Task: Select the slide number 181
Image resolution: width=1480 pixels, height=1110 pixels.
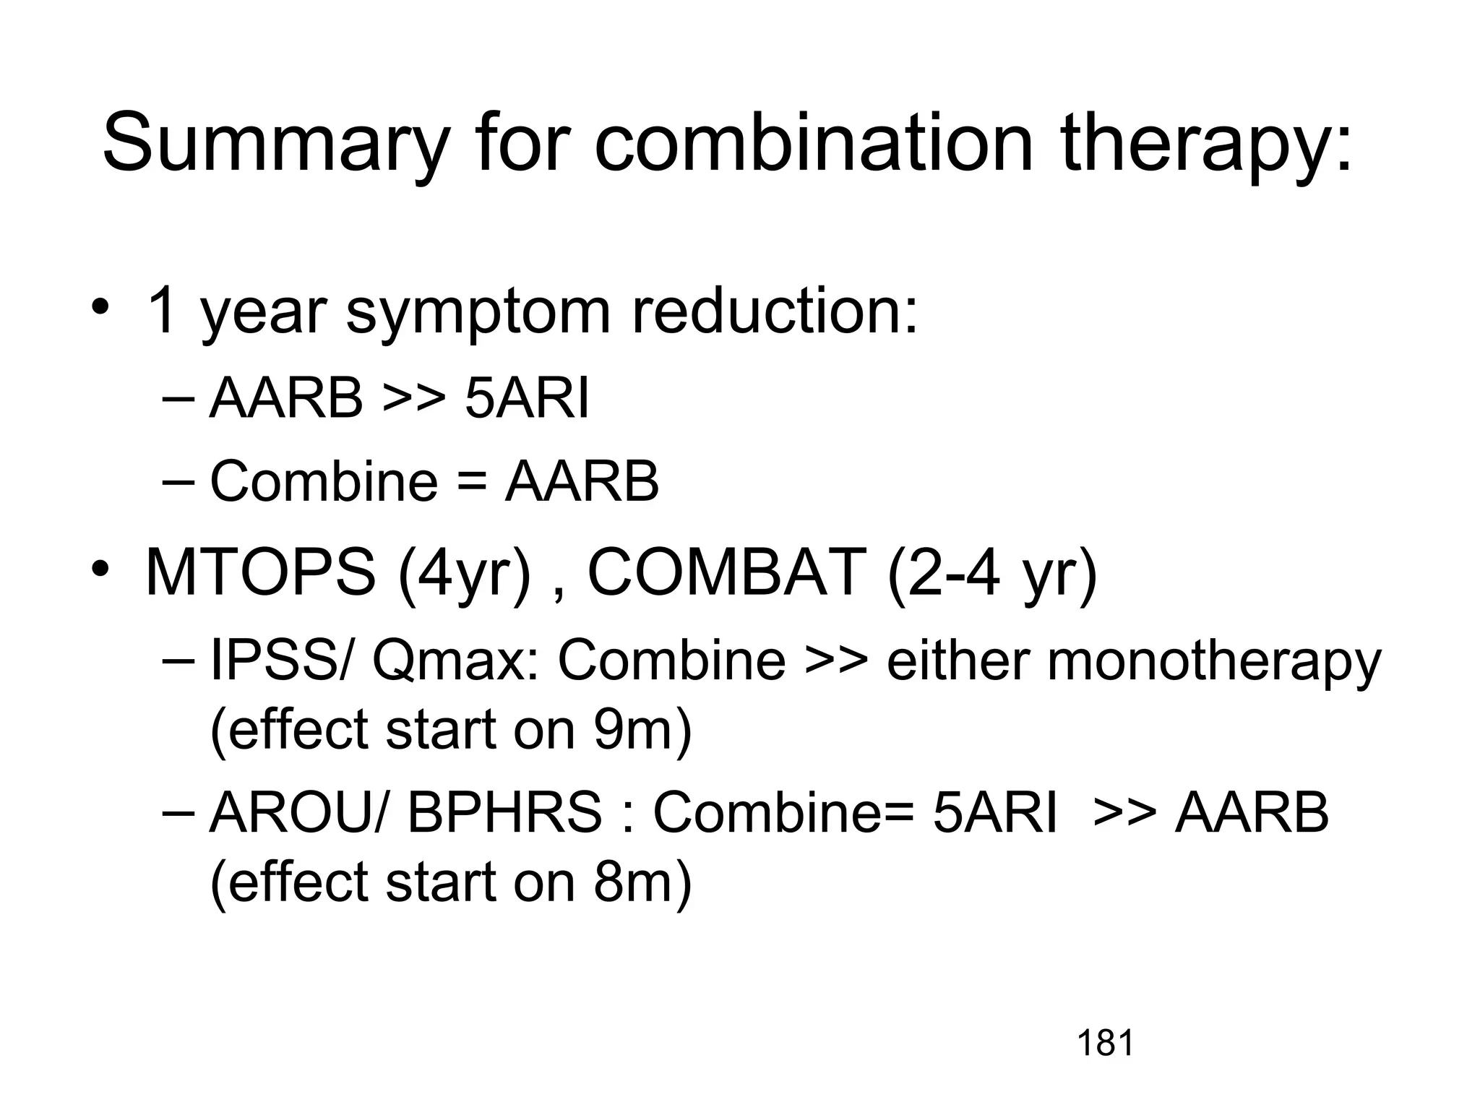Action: pyautogui.click(x=1105, y=1044)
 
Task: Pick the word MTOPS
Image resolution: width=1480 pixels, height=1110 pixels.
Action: pyautogui.click(x=261, y=571)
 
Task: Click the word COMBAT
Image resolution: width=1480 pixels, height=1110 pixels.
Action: pyautogui.click(x=727, y=571)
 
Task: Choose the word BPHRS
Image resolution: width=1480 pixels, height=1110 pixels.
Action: pyautogui.click(x=504, y=812)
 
